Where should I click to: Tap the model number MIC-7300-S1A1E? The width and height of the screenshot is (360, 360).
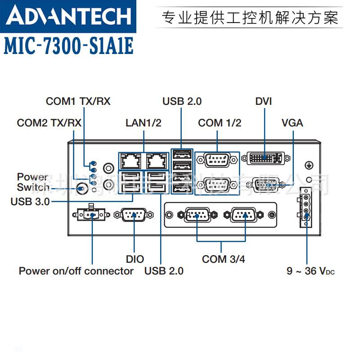click(x=69, y=46)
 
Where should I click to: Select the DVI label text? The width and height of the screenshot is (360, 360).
click(x=264, y=101)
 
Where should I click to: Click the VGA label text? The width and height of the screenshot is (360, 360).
click(x=292, y=123)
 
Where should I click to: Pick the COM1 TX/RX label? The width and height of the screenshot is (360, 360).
click(x=78, y=101)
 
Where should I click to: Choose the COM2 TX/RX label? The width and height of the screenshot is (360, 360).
click(x=49, y=123)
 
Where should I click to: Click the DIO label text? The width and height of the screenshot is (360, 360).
click(x=135, y=259)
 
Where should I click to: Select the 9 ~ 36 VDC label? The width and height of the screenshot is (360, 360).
click(x=310, y=271)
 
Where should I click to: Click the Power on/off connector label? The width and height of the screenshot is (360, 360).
click(x=76, y=271)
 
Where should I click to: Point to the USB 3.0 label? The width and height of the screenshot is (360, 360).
click(x=30, y=202)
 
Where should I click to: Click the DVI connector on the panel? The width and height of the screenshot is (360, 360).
click(x=265, y=158)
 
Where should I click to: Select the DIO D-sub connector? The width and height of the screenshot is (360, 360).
click(x=135, y=215)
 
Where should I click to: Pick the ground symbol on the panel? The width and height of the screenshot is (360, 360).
click(x=309, y=165)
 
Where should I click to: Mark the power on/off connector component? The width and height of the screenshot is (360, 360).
click(x=91, y=215)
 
